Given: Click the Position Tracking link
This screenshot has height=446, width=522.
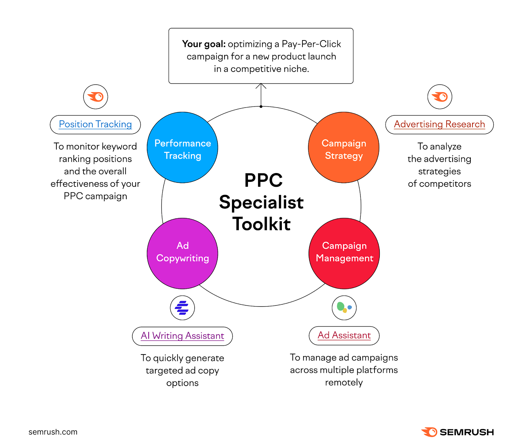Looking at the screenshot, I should click(x=95, y=124).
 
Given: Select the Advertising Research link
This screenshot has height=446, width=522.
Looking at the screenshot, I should click(x=439, y=124).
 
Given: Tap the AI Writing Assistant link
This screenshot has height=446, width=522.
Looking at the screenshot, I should click(x=182, y=336).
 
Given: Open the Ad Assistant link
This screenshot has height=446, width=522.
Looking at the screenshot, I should click(x=344, y=335).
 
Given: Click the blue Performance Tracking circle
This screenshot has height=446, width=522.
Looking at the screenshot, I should click(x=182, y=148).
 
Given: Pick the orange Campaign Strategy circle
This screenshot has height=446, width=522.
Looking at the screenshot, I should click(x=344, y=148).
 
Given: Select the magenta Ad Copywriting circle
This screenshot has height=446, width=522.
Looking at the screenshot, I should click(x=182, y=253).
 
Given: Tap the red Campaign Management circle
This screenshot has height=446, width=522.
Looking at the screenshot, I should click(x=344, y=253).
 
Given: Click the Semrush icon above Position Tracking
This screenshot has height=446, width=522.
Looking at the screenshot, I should click(x=96, y=97).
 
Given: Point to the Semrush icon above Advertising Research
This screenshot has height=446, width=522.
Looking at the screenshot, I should click(x=440, y=97).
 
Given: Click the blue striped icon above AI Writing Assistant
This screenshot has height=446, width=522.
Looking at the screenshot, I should click(x=182, y=308).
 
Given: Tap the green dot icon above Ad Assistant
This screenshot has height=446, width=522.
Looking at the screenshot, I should click(x=344, y=308).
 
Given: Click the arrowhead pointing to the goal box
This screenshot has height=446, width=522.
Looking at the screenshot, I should click(x=261, y=86).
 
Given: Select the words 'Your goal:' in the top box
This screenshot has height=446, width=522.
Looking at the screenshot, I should click(x=204, y=44).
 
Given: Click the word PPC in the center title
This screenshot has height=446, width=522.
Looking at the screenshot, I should click(x=263, y=180).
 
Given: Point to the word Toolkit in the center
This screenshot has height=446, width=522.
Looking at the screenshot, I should click(x=261, y=224).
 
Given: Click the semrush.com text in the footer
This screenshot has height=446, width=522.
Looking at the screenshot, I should click(x=53, y=432).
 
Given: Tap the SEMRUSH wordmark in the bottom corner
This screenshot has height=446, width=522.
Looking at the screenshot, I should click(x=467, y=432).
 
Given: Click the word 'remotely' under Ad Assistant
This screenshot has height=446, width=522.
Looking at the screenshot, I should click(x=344, y=382).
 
